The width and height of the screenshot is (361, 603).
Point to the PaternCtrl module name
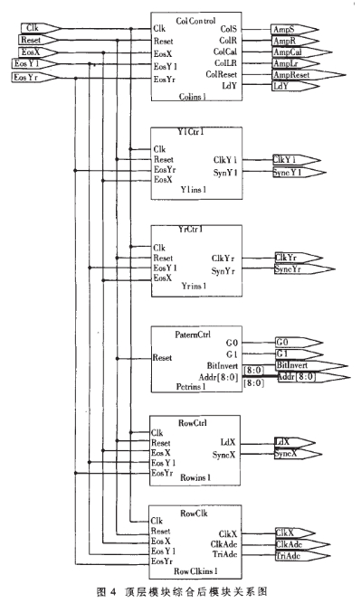(183, 331)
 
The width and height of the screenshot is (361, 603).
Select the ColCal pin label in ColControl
(225, 52)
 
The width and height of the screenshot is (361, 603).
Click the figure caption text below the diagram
(182, 591)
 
